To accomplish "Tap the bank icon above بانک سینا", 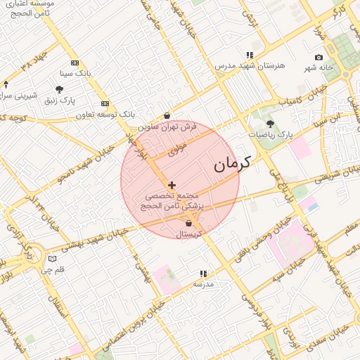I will pos(75,62).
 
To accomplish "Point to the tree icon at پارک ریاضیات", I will pos(270,123).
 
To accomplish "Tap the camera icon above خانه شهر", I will pos(319,57).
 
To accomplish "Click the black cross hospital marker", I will pos(172,184).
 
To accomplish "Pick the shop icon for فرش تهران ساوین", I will pos(167,116).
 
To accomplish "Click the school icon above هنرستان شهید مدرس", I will pos(250,55).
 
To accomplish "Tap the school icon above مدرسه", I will pos(203,274).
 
